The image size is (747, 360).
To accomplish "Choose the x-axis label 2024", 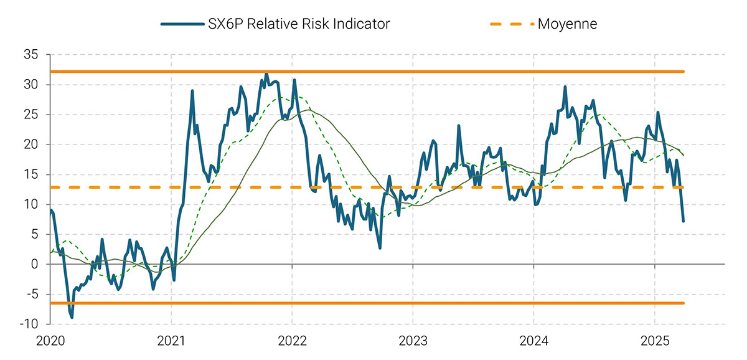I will pos(534,342).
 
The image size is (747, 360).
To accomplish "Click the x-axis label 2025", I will pos(655,342).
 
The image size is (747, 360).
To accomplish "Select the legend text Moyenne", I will pos(567,24).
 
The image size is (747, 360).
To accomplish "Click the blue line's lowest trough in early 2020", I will pos(72,317).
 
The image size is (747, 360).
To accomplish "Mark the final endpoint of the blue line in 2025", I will pos(684,221).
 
